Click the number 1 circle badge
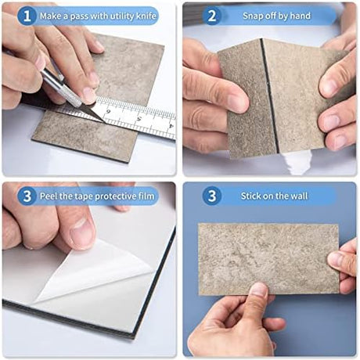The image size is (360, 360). pos(27,16)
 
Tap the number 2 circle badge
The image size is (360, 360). pos(212,16)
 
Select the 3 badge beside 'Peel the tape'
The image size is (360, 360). pos(27,196)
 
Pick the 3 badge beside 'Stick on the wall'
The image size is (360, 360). pos(212,196)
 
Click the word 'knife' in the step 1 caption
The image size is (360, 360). pos(146,16)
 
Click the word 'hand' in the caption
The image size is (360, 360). pos(301,16)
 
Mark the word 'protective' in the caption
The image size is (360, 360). pos(115,196)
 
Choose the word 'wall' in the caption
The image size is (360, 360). pos(300,196)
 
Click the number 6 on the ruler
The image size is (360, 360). pos(108,112)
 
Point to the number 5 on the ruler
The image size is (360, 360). pos(139,119)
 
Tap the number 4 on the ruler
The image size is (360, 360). pos(171,126)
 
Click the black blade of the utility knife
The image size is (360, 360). pos(95,114)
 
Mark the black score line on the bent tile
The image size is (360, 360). pos(269,95)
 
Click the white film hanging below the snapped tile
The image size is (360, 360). pos(297,163)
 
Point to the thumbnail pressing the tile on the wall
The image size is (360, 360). pos(259,290)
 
